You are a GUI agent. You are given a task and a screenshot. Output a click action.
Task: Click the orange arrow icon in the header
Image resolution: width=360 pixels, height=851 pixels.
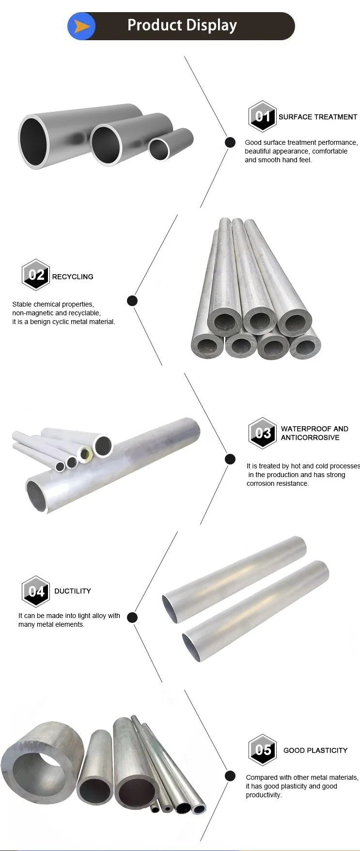pos(82,26)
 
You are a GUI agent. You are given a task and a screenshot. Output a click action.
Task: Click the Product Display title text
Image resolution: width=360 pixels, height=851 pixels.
pos(182,25)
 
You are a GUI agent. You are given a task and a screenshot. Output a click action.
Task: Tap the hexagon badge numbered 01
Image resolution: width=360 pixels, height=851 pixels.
pos(263,116)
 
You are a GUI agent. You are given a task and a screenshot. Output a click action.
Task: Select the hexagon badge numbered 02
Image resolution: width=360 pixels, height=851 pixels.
pos(36,275)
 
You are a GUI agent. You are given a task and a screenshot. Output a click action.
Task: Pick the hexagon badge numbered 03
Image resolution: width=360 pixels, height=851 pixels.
pos(263,433)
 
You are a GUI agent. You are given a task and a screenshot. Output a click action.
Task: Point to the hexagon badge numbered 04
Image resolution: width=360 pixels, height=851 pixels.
pos(36,591)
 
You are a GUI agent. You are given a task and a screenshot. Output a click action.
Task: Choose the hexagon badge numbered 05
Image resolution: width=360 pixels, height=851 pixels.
pos(263,749)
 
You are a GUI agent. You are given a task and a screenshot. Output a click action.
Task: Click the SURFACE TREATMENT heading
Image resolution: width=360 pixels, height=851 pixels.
pos(318,117)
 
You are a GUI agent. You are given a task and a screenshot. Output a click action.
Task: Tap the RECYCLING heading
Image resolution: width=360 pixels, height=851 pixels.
pos(73,277)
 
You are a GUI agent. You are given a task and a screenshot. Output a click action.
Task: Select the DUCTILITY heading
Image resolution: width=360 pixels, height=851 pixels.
pos(73,591)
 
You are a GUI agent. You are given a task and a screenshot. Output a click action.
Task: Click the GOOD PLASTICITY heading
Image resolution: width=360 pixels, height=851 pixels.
pos(315,750)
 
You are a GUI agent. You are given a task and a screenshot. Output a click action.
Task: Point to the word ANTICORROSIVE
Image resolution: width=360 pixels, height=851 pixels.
pos(310,437)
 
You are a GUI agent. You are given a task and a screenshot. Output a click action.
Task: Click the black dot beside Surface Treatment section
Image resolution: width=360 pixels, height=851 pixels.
pos(230,142)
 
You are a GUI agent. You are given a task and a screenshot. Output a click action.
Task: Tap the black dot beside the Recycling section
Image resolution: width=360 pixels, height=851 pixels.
pos(132,301)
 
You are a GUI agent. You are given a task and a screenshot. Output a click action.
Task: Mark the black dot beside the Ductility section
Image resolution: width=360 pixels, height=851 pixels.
pos(132,618)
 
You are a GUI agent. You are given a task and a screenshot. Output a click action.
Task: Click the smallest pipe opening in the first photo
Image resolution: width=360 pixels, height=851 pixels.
pos(158,149)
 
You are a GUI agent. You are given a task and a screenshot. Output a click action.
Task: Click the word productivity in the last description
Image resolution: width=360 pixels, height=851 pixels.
pos(263,795)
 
